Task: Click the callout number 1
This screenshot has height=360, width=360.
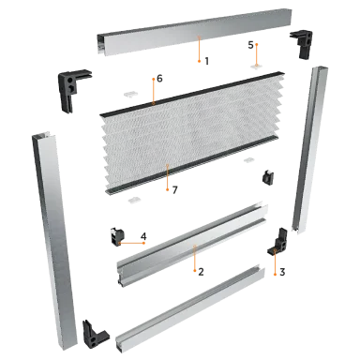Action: click(x=206, y=61)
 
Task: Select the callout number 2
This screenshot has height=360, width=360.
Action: click(x=201, y=272)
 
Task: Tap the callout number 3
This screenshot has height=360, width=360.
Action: click(x=282, y=272)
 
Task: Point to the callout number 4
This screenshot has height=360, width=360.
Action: click(x=143, y=236)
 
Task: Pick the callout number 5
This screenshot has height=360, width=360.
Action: click(x=250, y=45)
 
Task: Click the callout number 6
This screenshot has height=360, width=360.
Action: click(x=159, y=79)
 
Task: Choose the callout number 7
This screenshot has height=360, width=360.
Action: click(x=174, y=189)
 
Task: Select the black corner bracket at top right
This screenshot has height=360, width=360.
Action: click(x=303, y=42)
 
